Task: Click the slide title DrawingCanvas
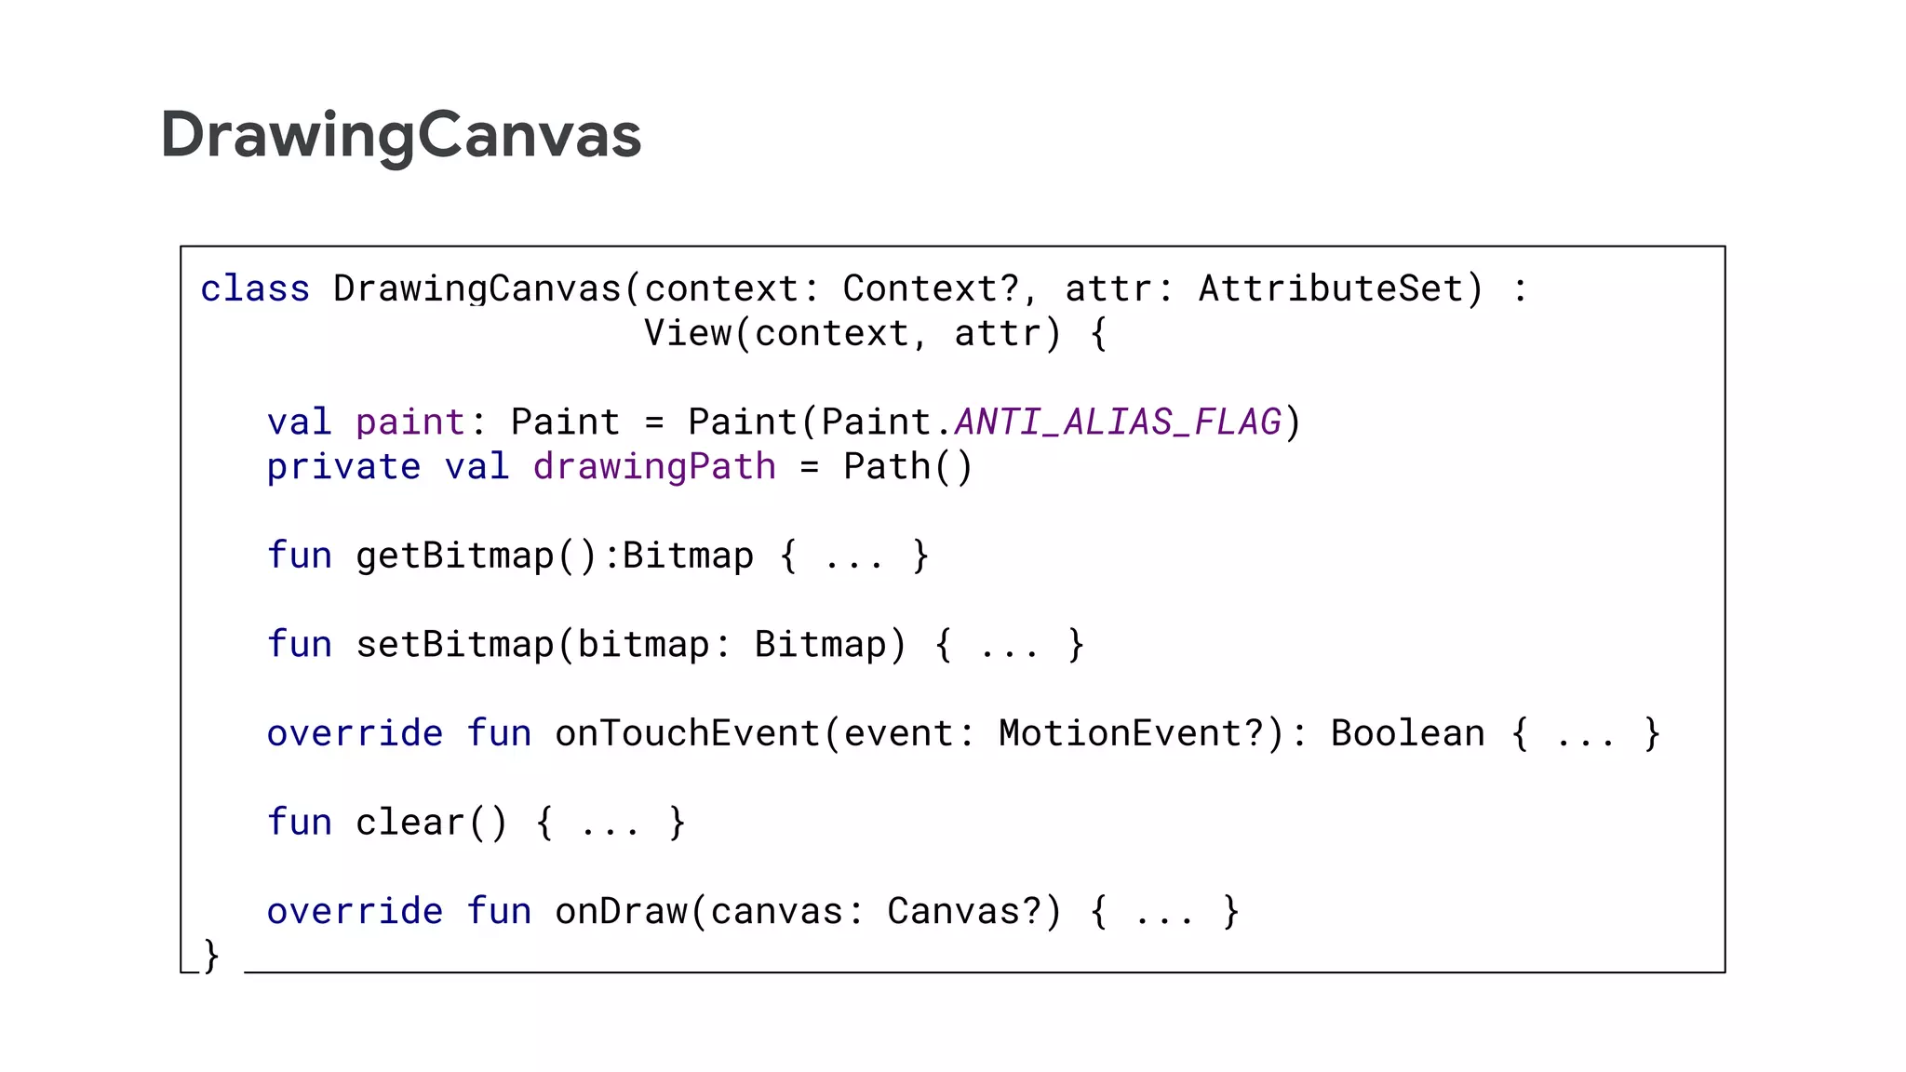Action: pos(400,136)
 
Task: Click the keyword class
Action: pos(255,289)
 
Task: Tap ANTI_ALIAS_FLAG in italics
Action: pos(1119,422)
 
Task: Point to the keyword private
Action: pos(343,467)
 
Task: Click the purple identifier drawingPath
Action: pos(654,467)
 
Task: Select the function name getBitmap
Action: pos(455,556)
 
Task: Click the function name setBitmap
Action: pos(455,645)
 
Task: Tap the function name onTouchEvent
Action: pos(687,734)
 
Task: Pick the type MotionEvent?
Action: pos(1131,734)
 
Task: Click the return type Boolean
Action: pos(1407,734)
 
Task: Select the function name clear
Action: pos(409,823)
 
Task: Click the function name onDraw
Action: pos(621,912)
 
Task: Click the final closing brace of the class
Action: pos(211,956)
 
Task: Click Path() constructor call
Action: pos(907,467)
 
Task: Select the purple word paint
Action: pos(409,423)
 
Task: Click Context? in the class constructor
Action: pos(931,289)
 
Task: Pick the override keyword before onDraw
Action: pos(355,912)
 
